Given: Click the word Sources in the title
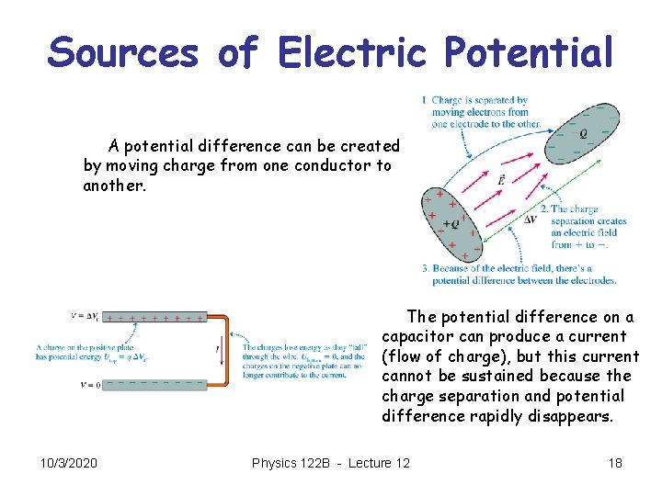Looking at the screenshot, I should click(123, 51).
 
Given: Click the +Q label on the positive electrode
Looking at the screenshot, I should click(451, 223).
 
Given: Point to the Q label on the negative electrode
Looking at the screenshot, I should click(583, 133).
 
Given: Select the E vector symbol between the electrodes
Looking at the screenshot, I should click(499, 180).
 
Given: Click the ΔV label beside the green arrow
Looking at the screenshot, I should click(531, 220).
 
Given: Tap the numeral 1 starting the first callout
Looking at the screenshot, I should click(424, 100).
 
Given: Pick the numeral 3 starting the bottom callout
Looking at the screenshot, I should click(425, 268).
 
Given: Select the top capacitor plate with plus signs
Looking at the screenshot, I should click(154, 317).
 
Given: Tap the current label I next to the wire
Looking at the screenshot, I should click(217, 350).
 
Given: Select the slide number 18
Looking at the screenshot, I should click(615, 463).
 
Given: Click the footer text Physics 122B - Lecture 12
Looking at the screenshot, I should click(331, 463).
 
